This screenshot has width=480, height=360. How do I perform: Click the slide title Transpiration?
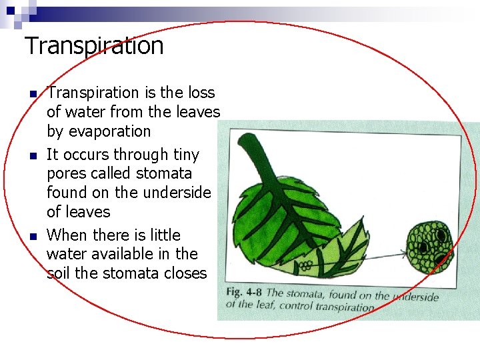(x=94, y=46)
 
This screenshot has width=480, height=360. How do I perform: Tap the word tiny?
(x=185, y=155)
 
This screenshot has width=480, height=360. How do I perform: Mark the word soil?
(x=59, y=273)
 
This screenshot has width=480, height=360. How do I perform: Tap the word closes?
(x=185, y=273)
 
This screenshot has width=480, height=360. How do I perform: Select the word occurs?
(x=87, y=155)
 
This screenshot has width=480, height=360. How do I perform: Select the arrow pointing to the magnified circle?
(x=380, y=253)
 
